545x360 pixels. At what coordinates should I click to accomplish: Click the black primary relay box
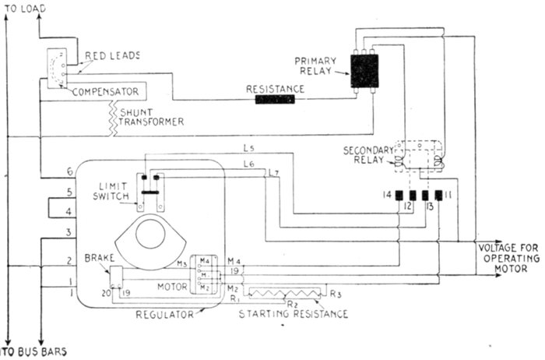click(364, 70)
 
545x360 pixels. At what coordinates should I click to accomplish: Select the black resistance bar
click(275, 100)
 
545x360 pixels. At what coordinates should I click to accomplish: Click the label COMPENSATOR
click(106, 92)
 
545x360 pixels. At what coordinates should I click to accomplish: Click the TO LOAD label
click(25, 8)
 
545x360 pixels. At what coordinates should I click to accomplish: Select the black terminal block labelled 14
click(399, 195)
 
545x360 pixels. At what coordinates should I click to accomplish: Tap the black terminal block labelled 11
click(438, 195)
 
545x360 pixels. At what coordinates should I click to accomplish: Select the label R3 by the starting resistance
click(336, 295)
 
